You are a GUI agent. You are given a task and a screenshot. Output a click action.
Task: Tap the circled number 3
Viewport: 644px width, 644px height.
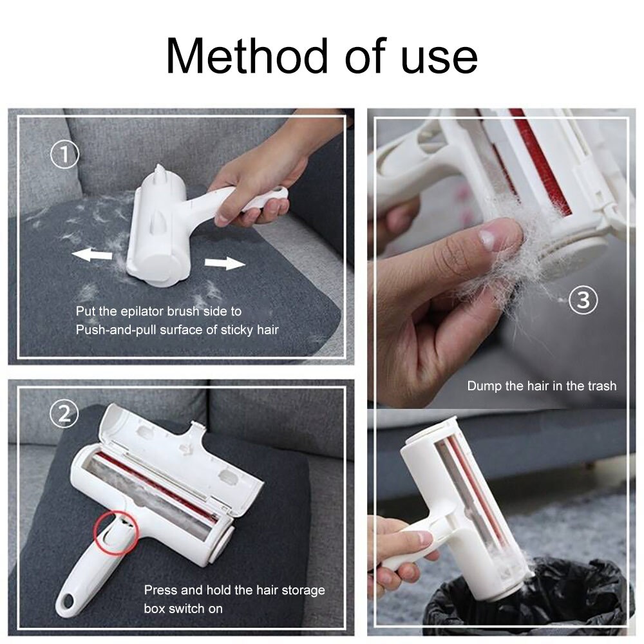point(583,300)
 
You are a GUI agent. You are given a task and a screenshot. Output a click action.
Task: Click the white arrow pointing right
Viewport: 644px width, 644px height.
point(225,262)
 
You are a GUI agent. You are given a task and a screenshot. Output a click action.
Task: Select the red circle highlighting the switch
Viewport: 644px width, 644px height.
point(117,532)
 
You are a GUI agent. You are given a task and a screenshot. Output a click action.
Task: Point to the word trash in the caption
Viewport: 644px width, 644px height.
point(601,386)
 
